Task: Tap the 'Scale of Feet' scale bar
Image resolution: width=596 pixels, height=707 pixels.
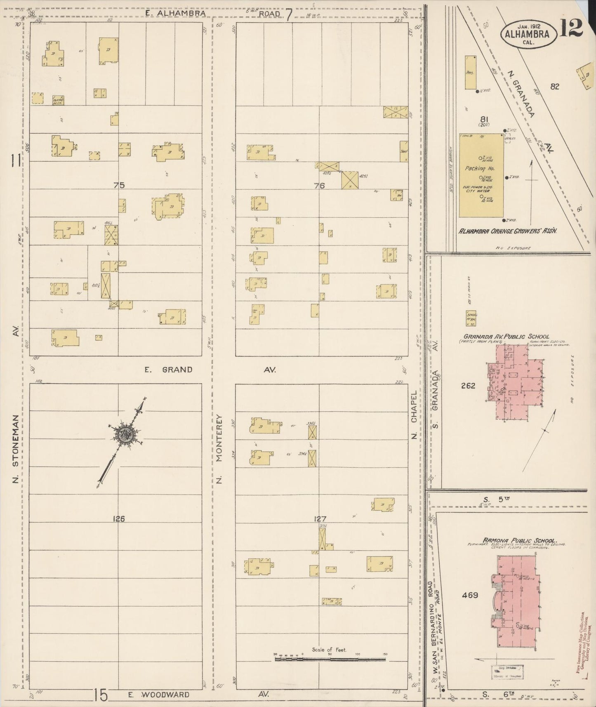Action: point(330,659)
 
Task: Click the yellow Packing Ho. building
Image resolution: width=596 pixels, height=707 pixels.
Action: point(481,175)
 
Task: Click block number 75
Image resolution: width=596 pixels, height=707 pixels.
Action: point(119,185)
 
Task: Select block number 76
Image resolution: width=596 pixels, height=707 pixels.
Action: point(319,186)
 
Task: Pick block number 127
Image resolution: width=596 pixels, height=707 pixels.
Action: point(320,519)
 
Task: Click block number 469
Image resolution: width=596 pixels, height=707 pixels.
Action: point(470,595)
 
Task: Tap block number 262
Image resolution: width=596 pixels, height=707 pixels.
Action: point(468,386)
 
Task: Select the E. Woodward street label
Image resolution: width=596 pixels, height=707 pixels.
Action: point(159,695)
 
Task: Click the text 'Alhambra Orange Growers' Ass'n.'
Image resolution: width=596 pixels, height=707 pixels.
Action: point(508,231)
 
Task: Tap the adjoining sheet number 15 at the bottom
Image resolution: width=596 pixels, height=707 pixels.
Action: point(100,695)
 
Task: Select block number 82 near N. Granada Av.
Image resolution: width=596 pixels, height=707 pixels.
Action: point(554,86)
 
